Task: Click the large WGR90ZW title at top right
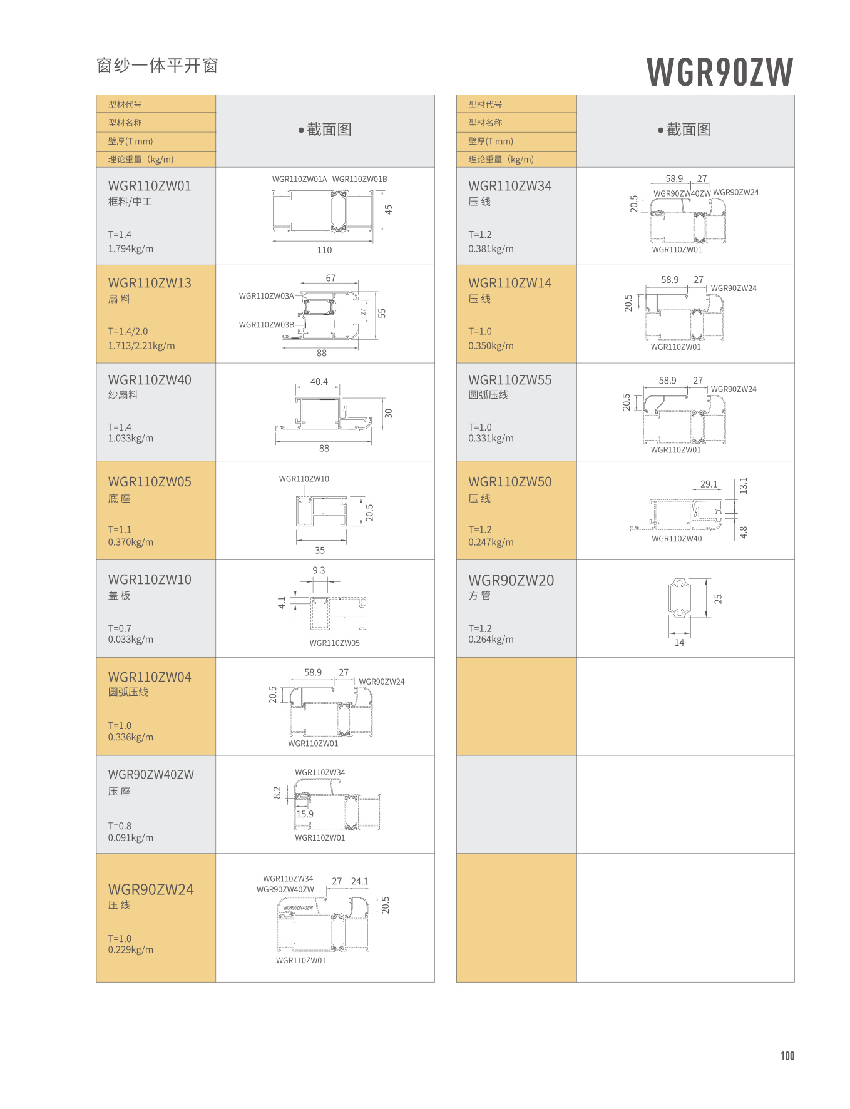(719, 72)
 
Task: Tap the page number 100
(787, 1056)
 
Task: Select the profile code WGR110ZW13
(150, 283)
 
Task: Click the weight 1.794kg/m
(130, 248)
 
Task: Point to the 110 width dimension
(324, 250)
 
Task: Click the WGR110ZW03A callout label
(266, 296)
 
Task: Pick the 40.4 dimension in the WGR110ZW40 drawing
(319, 382)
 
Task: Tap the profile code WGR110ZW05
(150, 482)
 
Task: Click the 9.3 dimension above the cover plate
(319, 570)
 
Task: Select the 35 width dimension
(320, 551)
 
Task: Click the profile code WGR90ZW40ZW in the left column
(151, 775)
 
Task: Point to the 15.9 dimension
(305, 814)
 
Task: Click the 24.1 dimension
(359, 881)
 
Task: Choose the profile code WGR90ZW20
(511, 581)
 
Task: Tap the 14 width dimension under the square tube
(679, 643)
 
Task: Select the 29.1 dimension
(709, 484)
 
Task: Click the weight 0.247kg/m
(491, 542)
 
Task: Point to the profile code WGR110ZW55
(509, 380)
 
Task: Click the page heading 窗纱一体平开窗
(157, 66)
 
